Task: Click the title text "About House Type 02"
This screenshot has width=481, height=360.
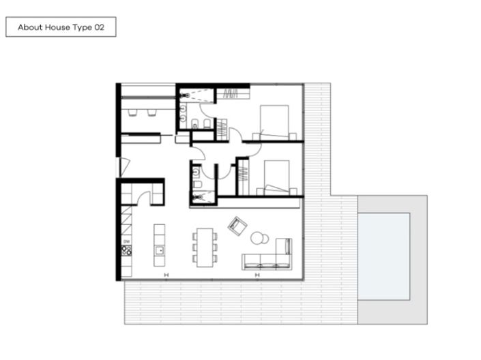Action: pos(61,27)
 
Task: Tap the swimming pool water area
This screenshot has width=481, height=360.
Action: pos(384,256)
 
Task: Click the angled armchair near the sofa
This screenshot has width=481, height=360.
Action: pos(237,226)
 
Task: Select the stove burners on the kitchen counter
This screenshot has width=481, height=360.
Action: pos(126,251)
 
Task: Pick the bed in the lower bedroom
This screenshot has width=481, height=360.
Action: pos(275,176)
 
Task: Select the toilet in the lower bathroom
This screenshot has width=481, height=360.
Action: pos(196,185)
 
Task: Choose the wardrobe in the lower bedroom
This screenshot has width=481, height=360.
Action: pos(242,176)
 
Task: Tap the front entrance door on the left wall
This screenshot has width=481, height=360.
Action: pos(122,166)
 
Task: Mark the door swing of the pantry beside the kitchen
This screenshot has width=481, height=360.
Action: pos(143,198)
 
